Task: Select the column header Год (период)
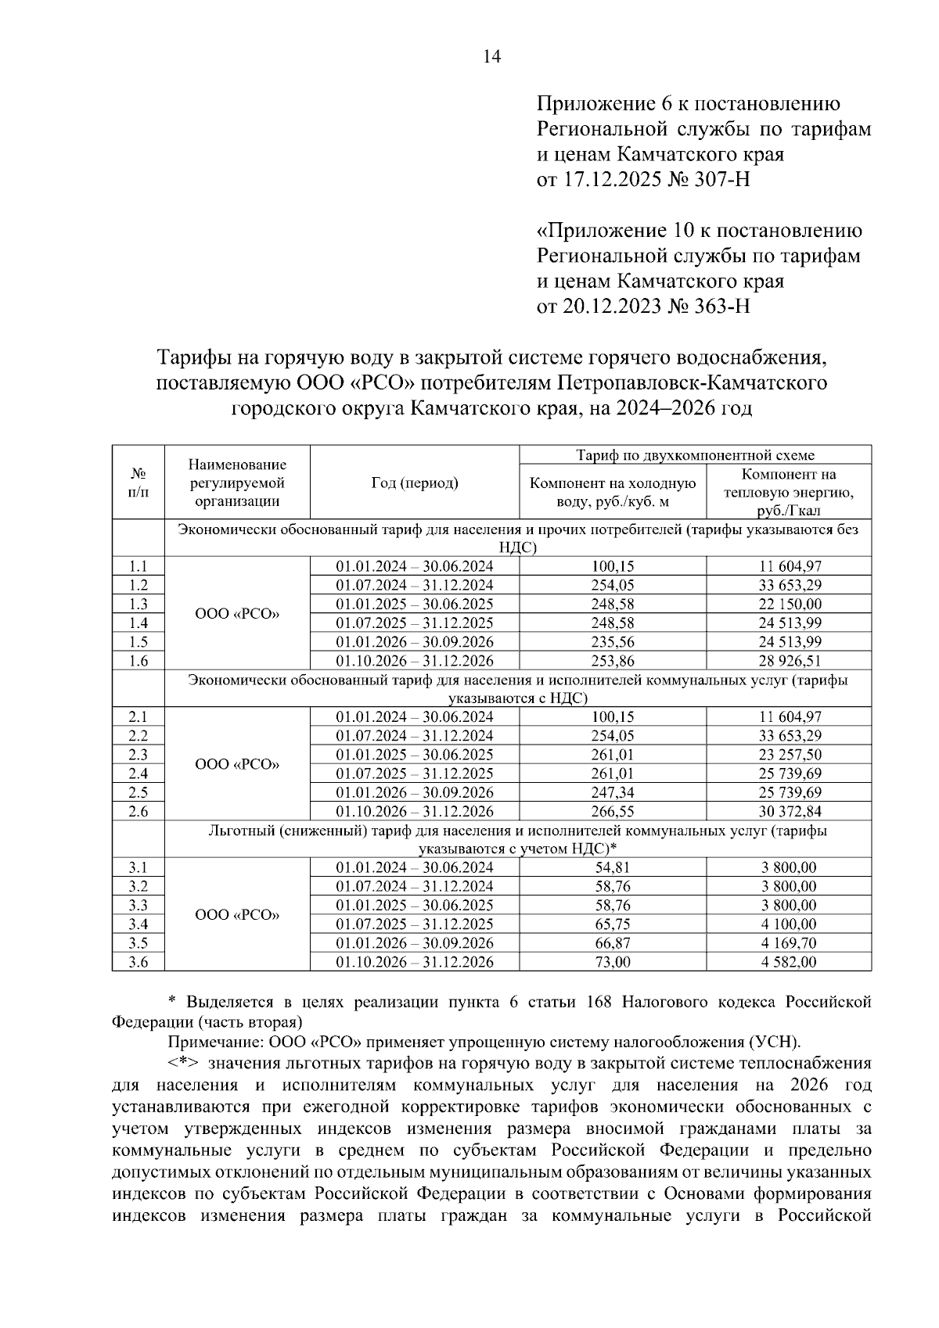coord(415,483)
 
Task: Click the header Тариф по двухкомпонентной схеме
coord(695,455)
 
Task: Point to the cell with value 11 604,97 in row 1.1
coord(789,566)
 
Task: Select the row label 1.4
coord(138,623)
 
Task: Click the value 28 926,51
coord(789,661)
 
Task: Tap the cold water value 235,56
coord(613,642)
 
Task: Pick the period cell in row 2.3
coord(415,755)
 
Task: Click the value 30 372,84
coord(789,811)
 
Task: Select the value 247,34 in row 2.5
coord(613,792)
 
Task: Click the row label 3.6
coord(138,962)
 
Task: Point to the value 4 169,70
coord(789,943)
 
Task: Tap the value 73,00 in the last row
coord(613,962)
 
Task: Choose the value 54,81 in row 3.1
coord(613,867)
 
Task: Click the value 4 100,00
coord(789,924)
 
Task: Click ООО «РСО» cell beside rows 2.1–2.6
coord(237,764)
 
